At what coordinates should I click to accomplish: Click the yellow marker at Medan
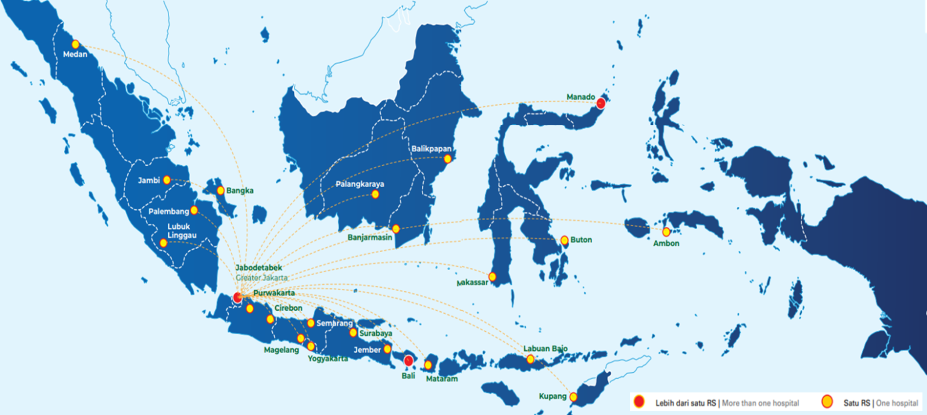75,44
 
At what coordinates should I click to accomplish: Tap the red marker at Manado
600,103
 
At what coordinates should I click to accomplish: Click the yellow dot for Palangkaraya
375,194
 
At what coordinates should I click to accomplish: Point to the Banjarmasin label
370,238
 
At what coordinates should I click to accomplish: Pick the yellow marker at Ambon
666,232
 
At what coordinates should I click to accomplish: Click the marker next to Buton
564,240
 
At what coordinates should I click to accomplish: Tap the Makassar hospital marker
492,277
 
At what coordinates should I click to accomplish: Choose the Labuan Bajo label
546,349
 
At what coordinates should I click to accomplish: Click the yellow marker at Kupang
573,397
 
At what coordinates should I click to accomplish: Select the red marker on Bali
409,361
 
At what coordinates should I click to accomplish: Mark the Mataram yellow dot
428,365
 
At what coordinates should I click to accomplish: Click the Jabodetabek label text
259,267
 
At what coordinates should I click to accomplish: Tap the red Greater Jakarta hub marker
238,297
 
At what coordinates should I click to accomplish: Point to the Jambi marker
167,180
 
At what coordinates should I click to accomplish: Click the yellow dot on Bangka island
220,191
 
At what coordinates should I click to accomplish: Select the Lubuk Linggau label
179,231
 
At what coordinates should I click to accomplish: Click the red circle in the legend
640,401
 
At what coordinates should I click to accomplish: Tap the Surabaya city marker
353,332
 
